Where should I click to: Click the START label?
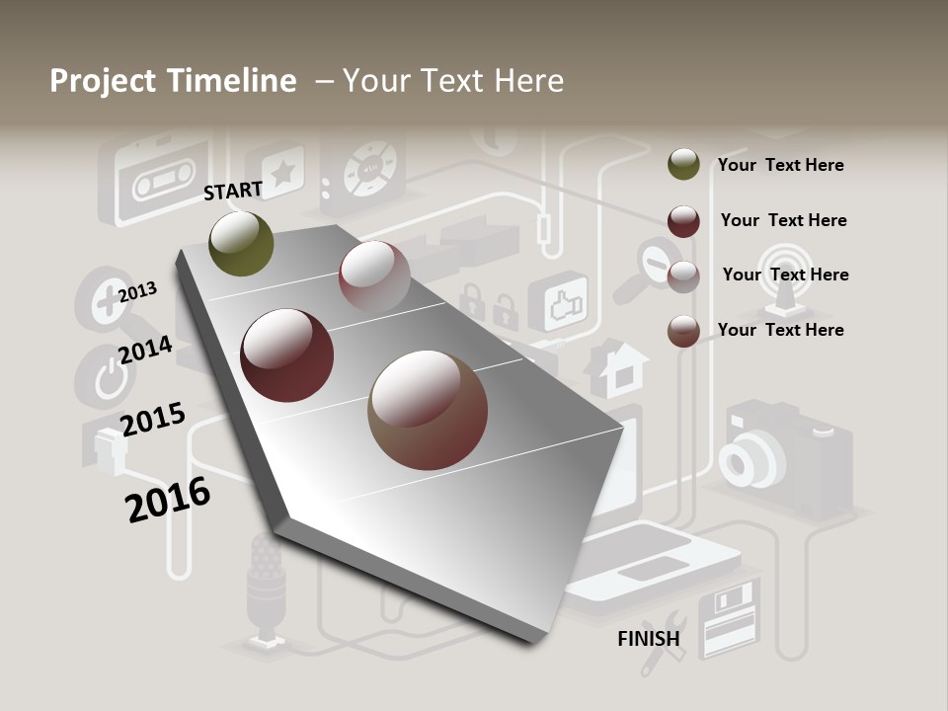coord(233,191)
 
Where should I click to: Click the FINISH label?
coord(649,639)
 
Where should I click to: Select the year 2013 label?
coord(137,292)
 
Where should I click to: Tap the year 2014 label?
coord(146,351)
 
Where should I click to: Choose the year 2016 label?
coord(168,500)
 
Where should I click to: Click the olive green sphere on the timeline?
coord(242,243)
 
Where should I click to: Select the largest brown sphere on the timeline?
coord(428,410)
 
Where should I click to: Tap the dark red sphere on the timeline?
coord(287,355)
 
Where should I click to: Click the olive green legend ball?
coord(683,165)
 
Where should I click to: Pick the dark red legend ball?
coord(683,221)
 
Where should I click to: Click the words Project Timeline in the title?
coord(173,81)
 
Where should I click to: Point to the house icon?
coord(616,367)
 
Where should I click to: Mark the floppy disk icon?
coord(728,619)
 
